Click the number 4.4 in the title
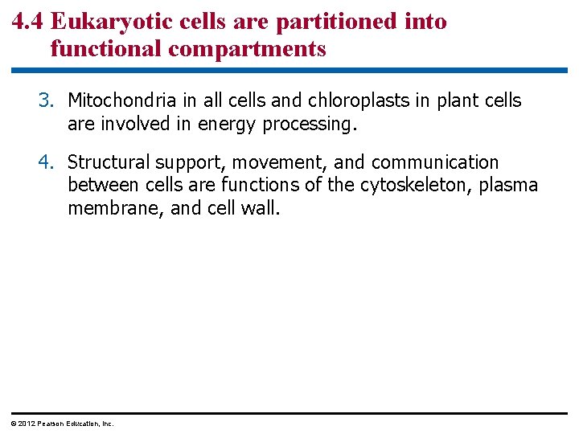point(28,22)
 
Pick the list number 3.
point(45,101)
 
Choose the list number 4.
point(45,163)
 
